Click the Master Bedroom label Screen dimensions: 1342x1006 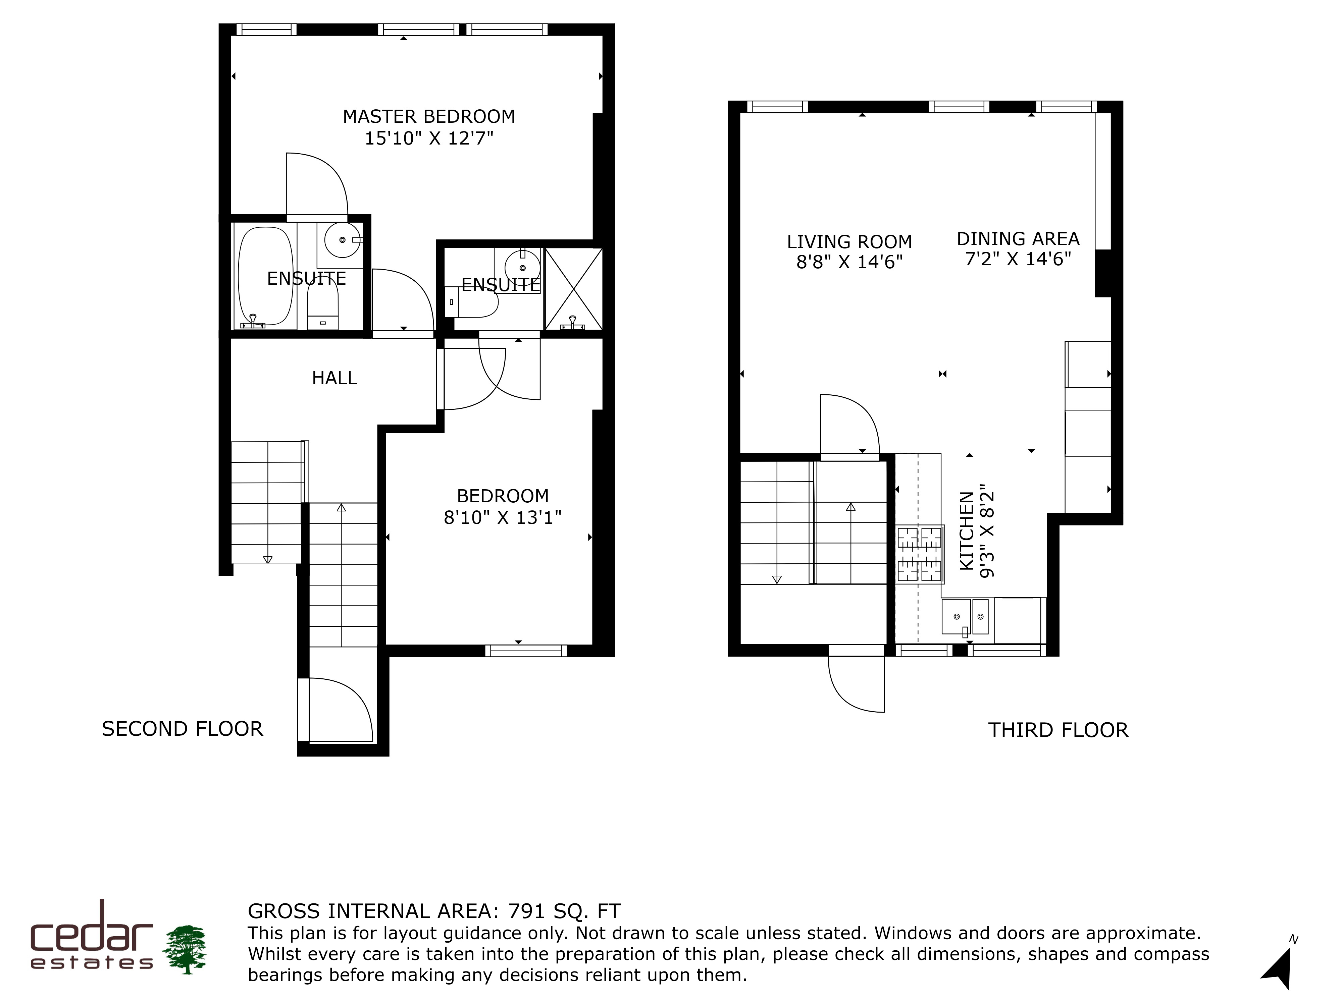[x=429, y=116]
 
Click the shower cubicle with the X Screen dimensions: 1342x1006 [x=573, y=289]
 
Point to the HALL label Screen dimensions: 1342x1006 [x=334, y=378]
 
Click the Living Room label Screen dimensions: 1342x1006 [x=849, y=242]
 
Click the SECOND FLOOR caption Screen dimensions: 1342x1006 [x=182, y=729]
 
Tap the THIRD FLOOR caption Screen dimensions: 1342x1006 [x=1059, y=730]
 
